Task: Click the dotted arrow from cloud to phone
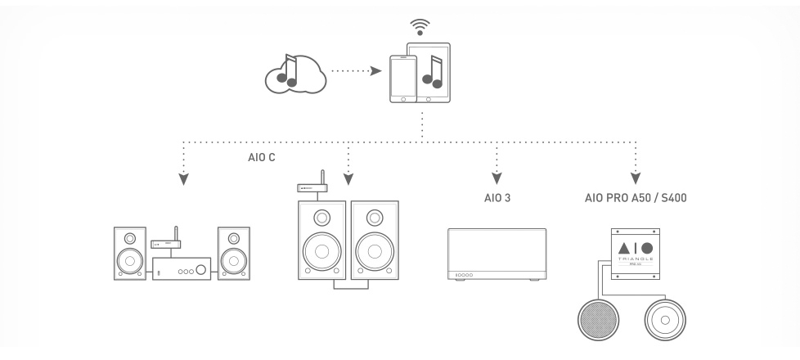[x=355, y=71]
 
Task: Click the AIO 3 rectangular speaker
[x=497, y=256]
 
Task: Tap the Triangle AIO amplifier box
[x=635, y=247]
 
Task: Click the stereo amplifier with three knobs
[x=182, y=268]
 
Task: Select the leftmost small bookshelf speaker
[x=131, y=253]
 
